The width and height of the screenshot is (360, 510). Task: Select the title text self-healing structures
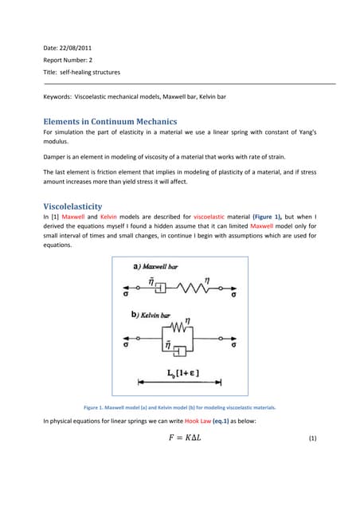tap(91, 72)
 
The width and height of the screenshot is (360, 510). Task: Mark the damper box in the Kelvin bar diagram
tap(176, 351)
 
